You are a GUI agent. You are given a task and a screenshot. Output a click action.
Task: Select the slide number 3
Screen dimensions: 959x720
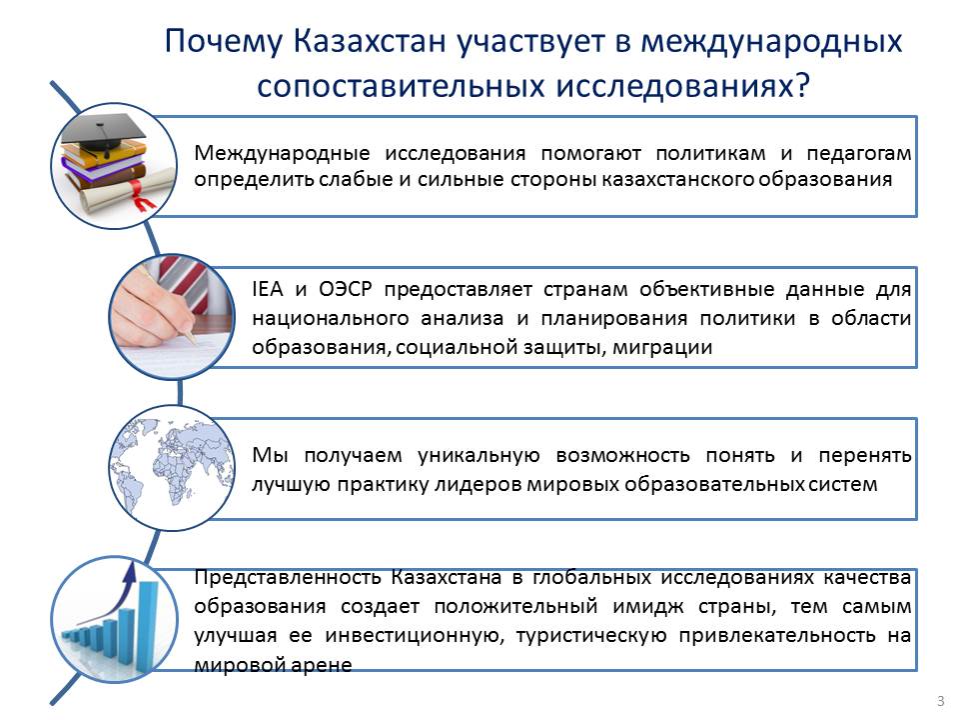click(941, 701)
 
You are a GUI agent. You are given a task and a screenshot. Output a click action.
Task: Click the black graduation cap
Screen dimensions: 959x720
click(104, 132)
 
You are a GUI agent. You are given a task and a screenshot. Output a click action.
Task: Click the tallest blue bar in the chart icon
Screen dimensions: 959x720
click(149, 621)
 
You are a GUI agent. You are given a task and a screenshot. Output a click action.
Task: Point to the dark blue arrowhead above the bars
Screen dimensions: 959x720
click(129, 573)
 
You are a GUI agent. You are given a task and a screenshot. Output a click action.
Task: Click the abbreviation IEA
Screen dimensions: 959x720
click(268, 289)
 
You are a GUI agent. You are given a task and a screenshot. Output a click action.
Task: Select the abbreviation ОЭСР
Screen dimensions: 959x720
click(345, 289)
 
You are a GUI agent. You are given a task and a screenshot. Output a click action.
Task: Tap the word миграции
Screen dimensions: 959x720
click(662, 348)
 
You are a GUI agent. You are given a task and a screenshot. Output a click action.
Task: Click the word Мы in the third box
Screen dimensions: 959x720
click(270, 456)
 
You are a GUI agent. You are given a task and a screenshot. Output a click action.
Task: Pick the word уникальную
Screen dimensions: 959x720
click(479, 456)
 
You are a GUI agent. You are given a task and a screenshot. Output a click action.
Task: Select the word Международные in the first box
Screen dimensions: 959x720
click(282, 153)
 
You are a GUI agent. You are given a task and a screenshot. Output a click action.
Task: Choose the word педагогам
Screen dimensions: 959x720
click(859, 154)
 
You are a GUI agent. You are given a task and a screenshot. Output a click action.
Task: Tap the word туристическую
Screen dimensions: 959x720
click(591, 636)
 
